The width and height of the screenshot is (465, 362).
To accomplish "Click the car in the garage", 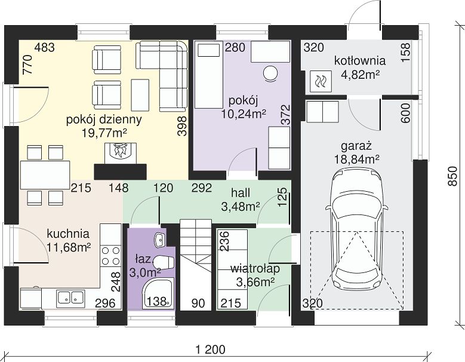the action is click(x=357, y=229).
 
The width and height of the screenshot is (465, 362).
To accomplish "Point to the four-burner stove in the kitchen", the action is click(x=111, y=255).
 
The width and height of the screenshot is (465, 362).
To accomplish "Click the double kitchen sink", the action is click(x=70, y=297).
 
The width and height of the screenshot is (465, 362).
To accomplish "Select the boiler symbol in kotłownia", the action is click(x=321, y=81).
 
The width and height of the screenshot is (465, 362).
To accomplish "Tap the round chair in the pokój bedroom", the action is click(x=270, y=73).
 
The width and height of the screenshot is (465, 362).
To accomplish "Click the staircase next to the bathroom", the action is click(x=196, y=265).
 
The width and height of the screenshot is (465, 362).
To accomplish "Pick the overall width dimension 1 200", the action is click(x=211, y=349).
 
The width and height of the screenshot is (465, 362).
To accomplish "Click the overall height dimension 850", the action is click(x=452, y=176).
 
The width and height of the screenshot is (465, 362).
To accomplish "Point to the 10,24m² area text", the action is click(x=243, y=113).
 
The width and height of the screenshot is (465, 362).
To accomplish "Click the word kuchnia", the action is click(x=68, y=234).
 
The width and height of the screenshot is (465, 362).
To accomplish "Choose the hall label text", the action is click(x=241, y=193).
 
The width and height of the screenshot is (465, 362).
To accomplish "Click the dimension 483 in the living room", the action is click(x=45, y=47).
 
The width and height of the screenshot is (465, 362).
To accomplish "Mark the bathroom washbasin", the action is click(x=160, y=240).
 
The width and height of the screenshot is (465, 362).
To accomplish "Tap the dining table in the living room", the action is click(x=45, y=175).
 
